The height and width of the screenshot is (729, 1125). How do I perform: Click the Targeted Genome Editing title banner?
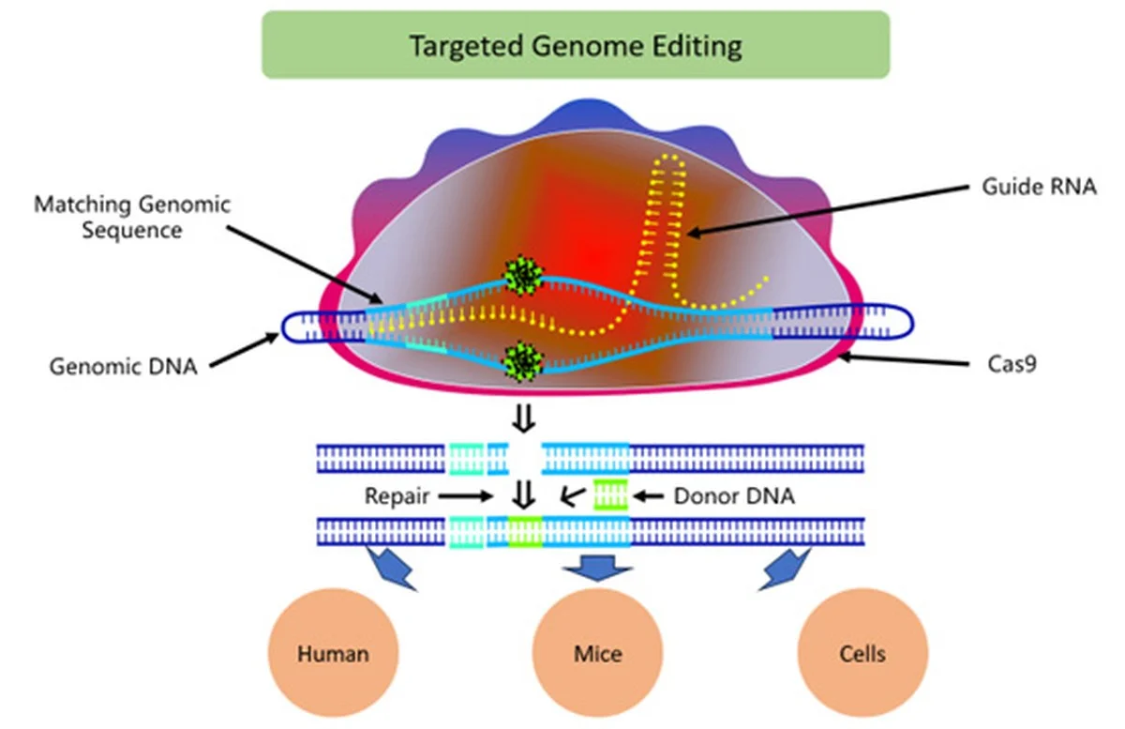[575, 44]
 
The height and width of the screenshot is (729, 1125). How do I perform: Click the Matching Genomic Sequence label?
[132, 217]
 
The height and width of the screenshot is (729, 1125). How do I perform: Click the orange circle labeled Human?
[333, 653]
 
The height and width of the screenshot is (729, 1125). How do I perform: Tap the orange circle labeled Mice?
[597, 653]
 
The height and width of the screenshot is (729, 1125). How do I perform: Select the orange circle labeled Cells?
[862, 653]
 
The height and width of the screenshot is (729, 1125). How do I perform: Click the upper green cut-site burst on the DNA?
[523, 275]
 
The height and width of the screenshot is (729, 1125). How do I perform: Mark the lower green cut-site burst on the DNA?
[523, 359]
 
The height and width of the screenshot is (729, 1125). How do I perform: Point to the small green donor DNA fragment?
[610, 494]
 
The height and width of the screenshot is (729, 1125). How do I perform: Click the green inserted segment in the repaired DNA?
[525, 531]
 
